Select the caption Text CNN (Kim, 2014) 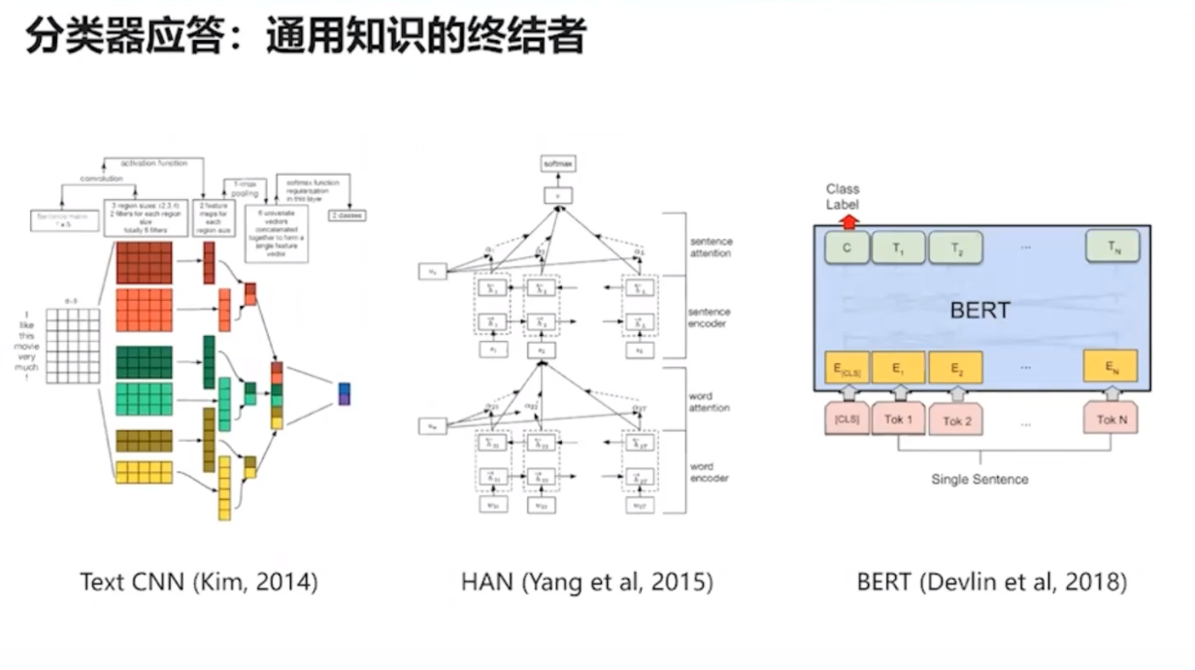tap(199, 583)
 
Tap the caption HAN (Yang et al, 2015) tap(587, 583)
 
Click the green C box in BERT tap(847, 249)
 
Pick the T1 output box tap(900, 249)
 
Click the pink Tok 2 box tap(957, 420)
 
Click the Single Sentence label tap(979, 480)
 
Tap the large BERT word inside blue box tap(979, 312)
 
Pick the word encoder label tap(709, 472)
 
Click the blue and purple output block tap(344, 393)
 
